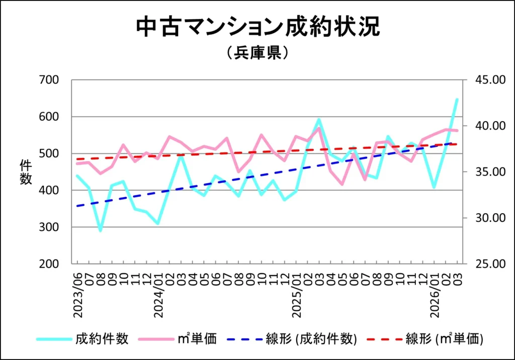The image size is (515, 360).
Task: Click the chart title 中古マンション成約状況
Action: [257, 28]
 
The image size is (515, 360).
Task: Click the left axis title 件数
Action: [26, 172]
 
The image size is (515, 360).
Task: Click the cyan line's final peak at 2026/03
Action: [457, 99]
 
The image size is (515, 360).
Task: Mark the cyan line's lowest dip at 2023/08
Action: [100, 230]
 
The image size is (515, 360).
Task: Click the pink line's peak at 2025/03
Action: [319, 128]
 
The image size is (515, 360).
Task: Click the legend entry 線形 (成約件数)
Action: [311, 339]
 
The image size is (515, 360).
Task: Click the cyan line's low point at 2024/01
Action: [158, 223]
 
